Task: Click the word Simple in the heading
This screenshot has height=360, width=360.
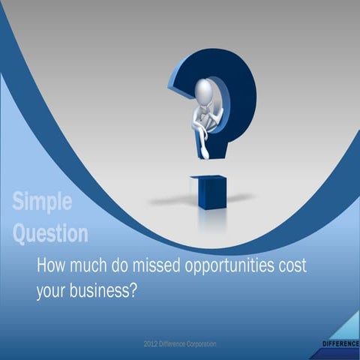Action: coord(42,202)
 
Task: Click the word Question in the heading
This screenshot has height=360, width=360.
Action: coord(50,232)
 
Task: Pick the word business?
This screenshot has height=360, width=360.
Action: coord(103,291)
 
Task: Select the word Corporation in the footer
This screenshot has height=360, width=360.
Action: coord(217,343)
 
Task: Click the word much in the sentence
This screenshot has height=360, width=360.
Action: coord(88,266)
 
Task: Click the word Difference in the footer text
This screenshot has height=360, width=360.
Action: coord(181,343)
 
